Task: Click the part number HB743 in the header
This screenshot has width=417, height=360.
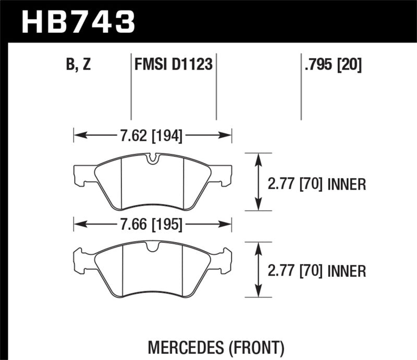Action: [x=78, y=22]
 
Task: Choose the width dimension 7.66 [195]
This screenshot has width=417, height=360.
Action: [x=151, y=225]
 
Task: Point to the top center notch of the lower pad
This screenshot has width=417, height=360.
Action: [x=152, y=248]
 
